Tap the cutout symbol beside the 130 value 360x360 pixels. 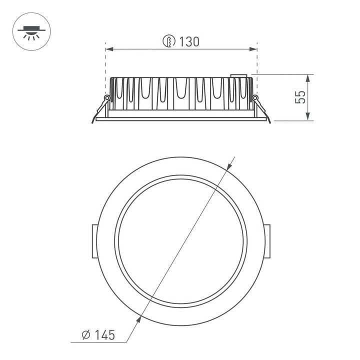point(169,42)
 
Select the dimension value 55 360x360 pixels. point(300,97)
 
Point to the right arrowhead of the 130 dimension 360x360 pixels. point(253,49)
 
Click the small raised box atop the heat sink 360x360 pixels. point(239,76)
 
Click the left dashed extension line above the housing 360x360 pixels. point(105,62)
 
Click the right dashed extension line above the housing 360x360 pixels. point(256,62)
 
